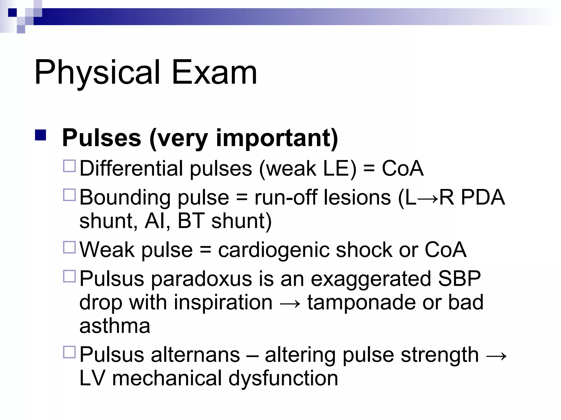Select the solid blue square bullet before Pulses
coord(40,135)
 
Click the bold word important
coord(277,138)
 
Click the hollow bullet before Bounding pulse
coord(69,195)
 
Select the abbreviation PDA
coord(483,197)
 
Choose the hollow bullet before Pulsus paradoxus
coord(69,276)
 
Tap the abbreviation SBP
coord(459,279)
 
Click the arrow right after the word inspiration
coord(290,303)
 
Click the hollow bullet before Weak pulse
coord(69,247)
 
